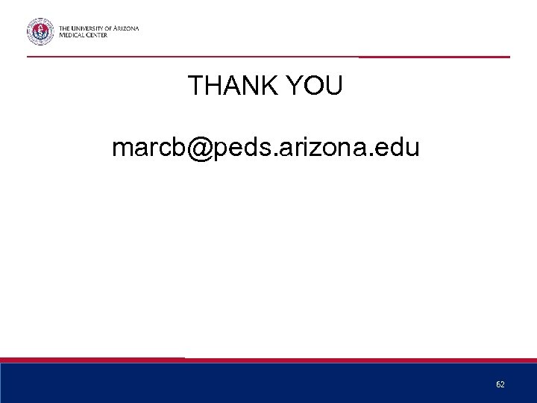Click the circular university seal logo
41,31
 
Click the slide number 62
500,384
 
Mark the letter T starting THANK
195,87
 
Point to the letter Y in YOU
287,87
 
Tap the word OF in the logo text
108,28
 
